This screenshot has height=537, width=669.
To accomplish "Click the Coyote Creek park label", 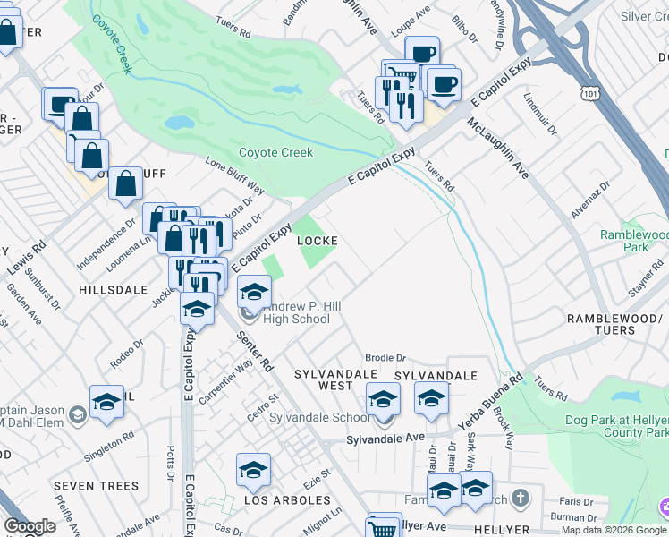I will (275, 152).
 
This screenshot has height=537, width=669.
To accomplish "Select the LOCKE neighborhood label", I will (317, 241).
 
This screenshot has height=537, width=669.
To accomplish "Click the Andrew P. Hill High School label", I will (299, 312).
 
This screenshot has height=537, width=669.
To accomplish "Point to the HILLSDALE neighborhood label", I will (113, 290).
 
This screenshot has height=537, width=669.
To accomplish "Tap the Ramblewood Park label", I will (635, 241).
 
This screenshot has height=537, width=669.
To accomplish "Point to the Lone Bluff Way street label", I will (235, 176).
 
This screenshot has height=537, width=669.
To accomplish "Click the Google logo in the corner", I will (30, 526).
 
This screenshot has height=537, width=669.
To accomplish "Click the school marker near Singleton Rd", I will (106, 401).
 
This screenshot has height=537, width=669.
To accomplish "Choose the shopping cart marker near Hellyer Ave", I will (385, 527).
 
